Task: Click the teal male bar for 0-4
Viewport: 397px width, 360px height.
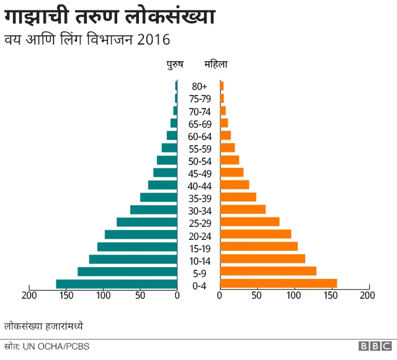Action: tap(117, 284)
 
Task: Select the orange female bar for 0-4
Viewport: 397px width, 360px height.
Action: tap(279, 284)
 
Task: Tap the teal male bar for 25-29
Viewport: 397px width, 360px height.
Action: tap(147, 222)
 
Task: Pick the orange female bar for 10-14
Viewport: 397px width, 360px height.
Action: tap(262, 259)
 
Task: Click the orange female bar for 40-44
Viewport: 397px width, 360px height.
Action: tap(234, 185)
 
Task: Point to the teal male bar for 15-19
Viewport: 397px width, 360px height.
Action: tap(137, 247)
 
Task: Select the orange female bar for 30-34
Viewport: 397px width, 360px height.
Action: tap(243, 209)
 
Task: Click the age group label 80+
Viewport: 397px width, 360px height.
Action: tap(199, 87)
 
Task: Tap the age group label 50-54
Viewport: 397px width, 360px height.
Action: tap(199, 161)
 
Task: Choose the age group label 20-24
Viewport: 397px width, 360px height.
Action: tap(199, 235)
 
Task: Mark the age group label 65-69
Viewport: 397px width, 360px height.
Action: tap(199, 124)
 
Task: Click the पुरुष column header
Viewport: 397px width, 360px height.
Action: tap(174, 64)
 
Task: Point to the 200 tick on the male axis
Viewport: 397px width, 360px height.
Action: tap(29, 296)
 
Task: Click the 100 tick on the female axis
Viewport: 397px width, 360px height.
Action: tap(294, 296)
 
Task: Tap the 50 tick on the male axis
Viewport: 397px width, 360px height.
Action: tap(140, 296)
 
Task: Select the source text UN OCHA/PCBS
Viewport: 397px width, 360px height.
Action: tap(56, 347)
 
